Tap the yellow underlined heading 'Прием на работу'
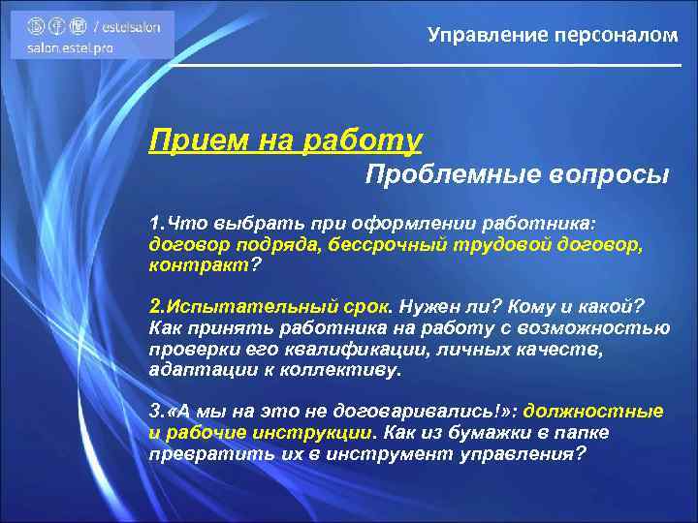point(285,141)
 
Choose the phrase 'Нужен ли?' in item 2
point(440,306)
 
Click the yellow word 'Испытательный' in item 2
point(242,306)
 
